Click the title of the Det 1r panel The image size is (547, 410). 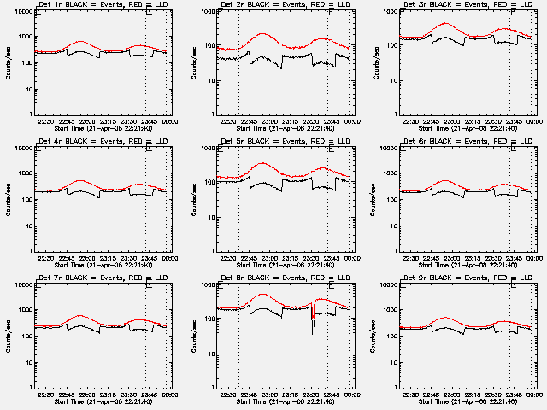103,4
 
